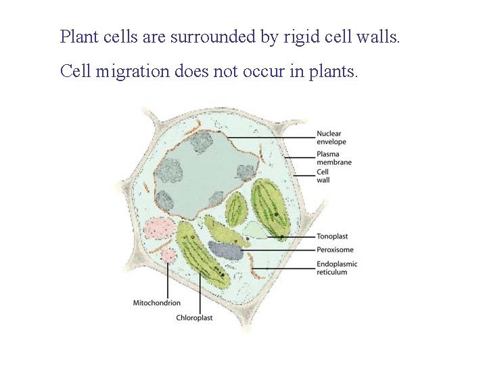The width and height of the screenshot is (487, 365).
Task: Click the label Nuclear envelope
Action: tap(331, 137)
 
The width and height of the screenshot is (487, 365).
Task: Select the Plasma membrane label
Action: tap(333, 158)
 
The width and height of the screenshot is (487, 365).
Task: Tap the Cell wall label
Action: tap(323, 176)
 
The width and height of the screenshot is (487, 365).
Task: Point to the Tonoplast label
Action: tap(332, 237)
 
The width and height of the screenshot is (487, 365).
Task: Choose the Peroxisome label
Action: tap(335, 250)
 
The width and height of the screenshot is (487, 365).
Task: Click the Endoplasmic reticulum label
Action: tap(337, 268)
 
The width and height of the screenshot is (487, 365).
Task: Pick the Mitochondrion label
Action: tap(157, 302)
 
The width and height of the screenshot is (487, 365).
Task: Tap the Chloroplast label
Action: tap(194, 317)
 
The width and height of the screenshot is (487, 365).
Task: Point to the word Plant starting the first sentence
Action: tap(78, 36)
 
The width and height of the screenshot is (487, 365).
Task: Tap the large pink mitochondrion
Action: tap(160, 228)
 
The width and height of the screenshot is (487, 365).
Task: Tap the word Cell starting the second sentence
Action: tap(75, 71)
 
